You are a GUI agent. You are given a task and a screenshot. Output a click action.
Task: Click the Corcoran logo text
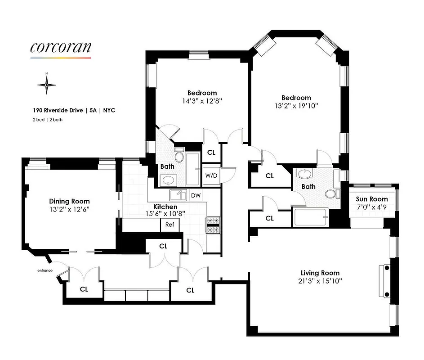[x=61, y=47]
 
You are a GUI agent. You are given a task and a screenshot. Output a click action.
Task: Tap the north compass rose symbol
[x=47, y=84]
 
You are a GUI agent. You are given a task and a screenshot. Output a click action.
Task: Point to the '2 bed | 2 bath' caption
[x=47, y=120]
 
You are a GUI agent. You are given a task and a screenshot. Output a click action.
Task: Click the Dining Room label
[x=69, y=201]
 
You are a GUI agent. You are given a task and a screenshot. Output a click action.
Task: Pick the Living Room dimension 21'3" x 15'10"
[x=320, y=281]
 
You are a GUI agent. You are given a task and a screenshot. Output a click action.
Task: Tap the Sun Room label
[x=372, y=199]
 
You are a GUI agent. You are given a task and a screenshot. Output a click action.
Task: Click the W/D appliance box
[x=211, y=175]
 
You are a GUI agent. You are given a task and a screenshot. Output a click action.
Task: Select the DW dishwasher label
[x=196, y=195]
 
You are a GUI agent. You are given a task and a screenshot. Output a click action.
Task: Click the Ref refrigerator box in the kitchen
[x=170, y=225]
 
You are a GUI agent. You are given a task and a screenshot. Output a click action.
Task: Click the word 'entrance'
[x=45, y=270]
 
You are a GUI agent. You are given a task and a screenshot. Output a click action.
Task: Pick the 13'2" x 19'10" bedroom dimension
[x=296, y=106]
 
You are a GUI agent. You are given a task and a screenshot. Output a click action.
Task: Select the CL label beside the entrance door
[x=84, y=289]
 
